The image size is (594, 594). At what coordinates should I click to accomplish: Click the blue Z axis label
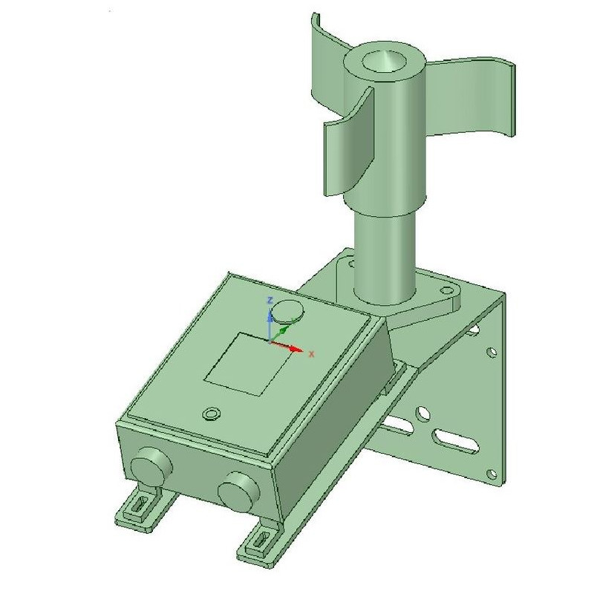270,301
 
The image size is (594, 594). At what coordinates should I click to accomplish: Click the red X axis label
311,354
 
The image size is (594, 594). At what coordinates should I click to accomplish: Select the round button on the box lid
288,311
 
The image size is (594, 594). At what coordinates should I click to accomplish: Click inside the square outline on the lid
249,364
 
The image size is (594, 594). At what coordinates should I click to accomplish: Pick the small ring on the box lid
212,414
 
